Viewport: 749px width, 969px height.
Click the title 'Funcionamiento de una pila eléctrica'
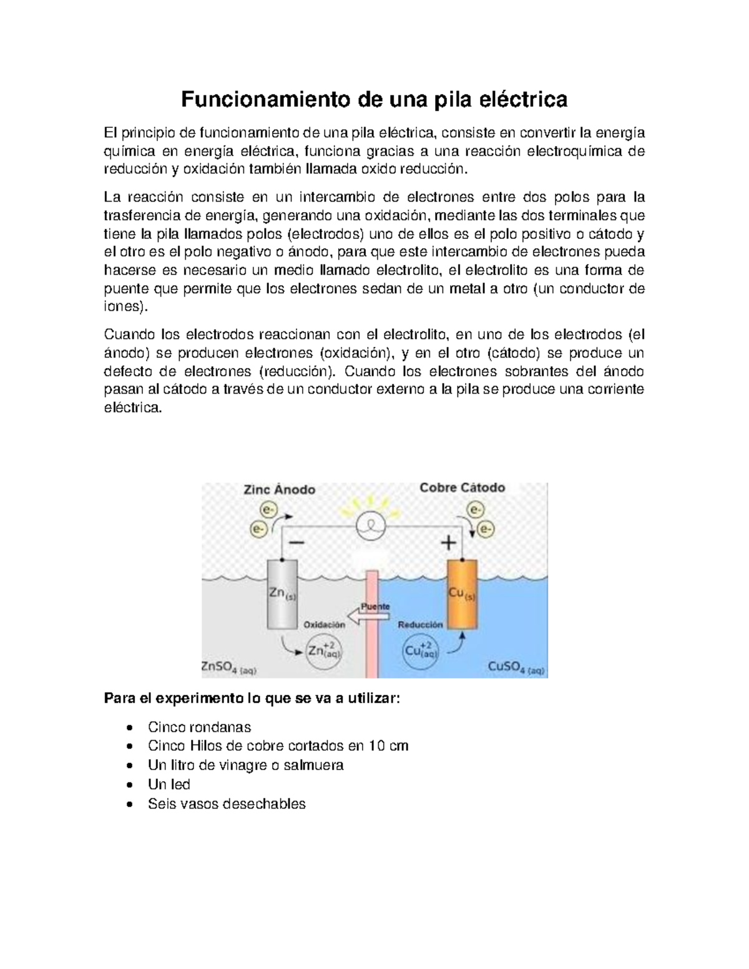374,99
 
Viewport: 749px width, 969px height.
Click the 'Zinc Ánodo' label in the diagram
279,490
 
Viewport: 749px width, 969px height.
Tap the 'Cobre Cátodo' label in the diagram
462,488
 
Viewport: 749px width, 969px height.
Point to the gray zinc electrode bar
282,594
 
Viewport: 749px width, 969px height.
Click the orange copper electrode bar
462,594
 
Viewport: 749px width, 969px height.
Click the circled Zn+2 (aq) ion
324,651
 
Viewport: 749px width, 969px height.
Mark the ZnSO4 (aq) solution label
228,668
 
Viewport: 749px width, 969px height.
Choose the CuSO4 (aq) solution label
516,667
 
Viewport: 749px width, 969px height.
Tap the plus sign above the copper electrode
449,543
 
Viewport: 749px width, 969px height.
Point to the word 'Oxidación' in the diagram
324,624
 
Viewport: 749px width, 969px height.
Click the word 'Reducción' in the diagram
420,624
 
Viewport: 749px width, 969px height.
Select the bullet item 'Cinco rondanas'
199,727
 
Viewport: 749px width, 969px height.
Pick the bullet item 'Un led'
169,784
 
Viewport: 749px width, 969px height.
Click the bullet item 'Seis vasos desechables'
227,804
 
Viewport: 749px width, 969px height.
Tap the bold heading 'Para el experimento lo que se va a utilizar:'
252,698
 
